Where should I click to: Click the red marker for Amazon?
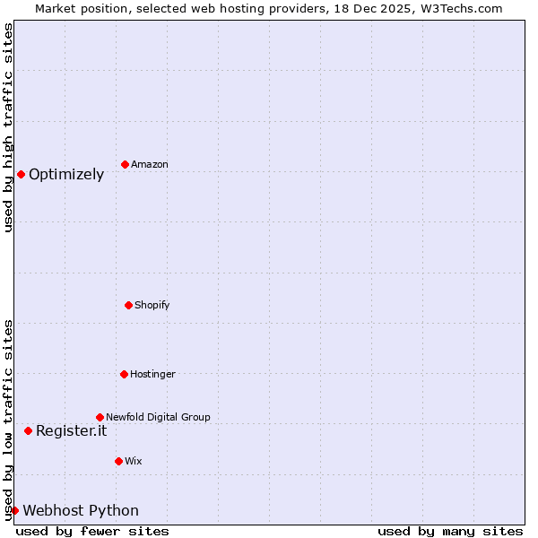point(125,164)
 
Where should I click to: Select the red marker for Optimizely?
point(21,174)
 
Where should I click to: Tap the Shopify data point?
point(128,305)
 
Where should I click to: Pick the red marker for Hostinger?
point(124,374)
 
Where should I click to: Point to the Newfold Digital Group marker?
point(100,417)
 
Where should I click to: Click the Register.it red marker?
point(28,430)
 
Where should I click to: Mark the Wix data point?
point(118,461)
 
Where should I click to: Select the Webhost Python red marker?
point(14,510)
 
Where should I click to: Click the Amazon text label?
point(150,164)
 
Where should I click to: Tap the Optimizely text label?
point(66,174)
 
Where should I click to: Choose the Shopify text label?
point(152,305)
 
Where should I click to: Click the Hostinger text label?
point(152,374)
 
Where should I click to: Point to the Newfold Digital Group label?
point(158,417)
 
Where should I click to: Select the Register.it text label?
point(71,430)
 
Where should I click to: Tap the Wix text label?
point(134,461)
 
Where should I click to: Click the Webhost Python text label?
point(81,510)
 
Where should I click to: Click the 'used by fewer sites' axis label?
point(92,531)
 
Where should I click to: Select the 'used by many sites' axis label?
point(450,531)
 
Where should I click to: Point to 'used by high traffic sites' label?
point(8,127)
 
